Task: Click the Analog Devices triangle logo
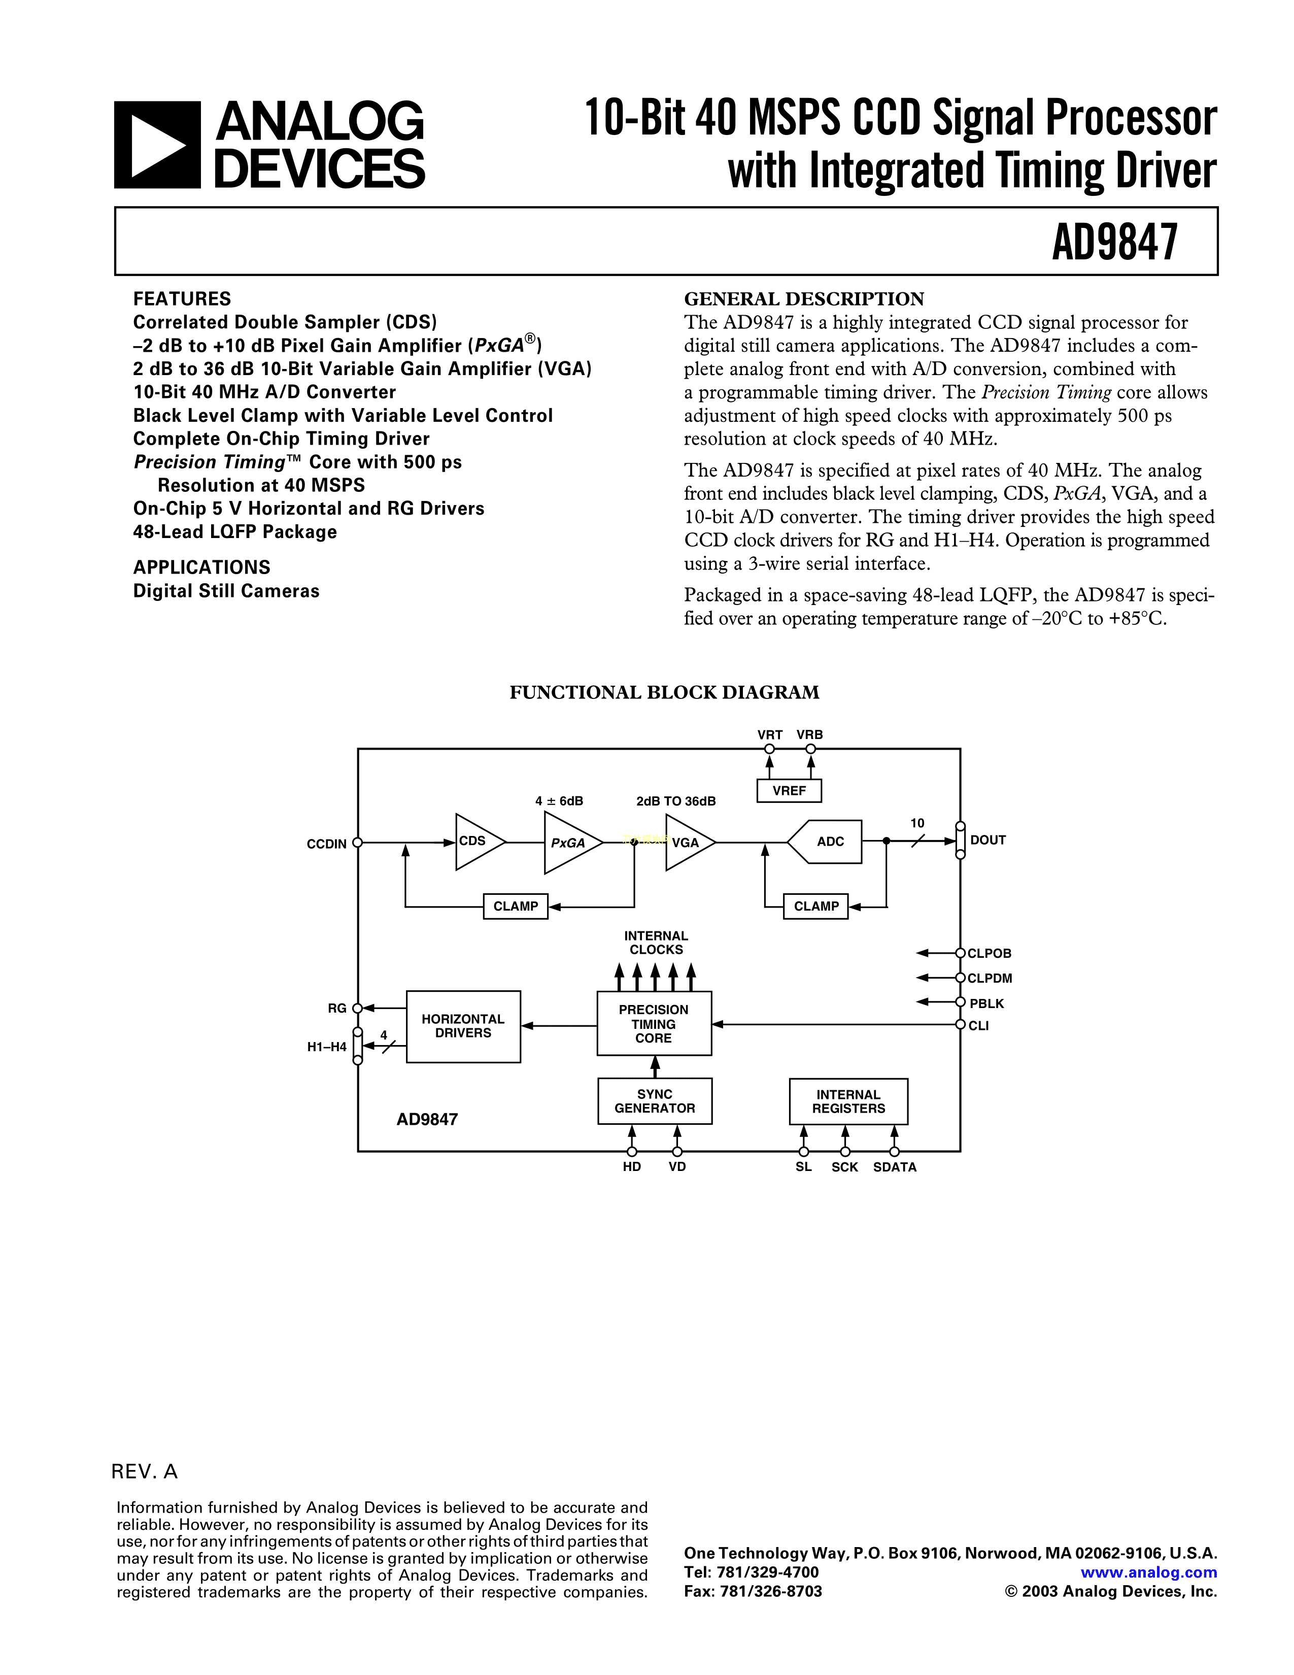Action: pyautogui.click(x=157, y=145)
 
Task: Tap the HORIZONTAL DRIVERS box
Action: pyautogui.click(x=463, y=1026)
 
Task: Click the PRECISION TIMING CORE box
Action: pyautogui.click(x=654, y=1024)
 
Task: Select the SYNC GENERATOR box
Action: pyautogui.click(x=655, y=1101)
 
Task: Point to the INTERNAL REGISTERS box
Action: pyautogui.click(x=848, y=1101)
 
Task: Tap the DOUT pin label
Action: pyautogui.click(x=987, y=841)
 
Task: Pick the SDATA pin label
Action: pyautogui.click(x=895, y=1167)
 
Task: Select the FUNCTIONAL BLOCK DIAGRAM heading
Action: pyautogui.click(x=664, y=692)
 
